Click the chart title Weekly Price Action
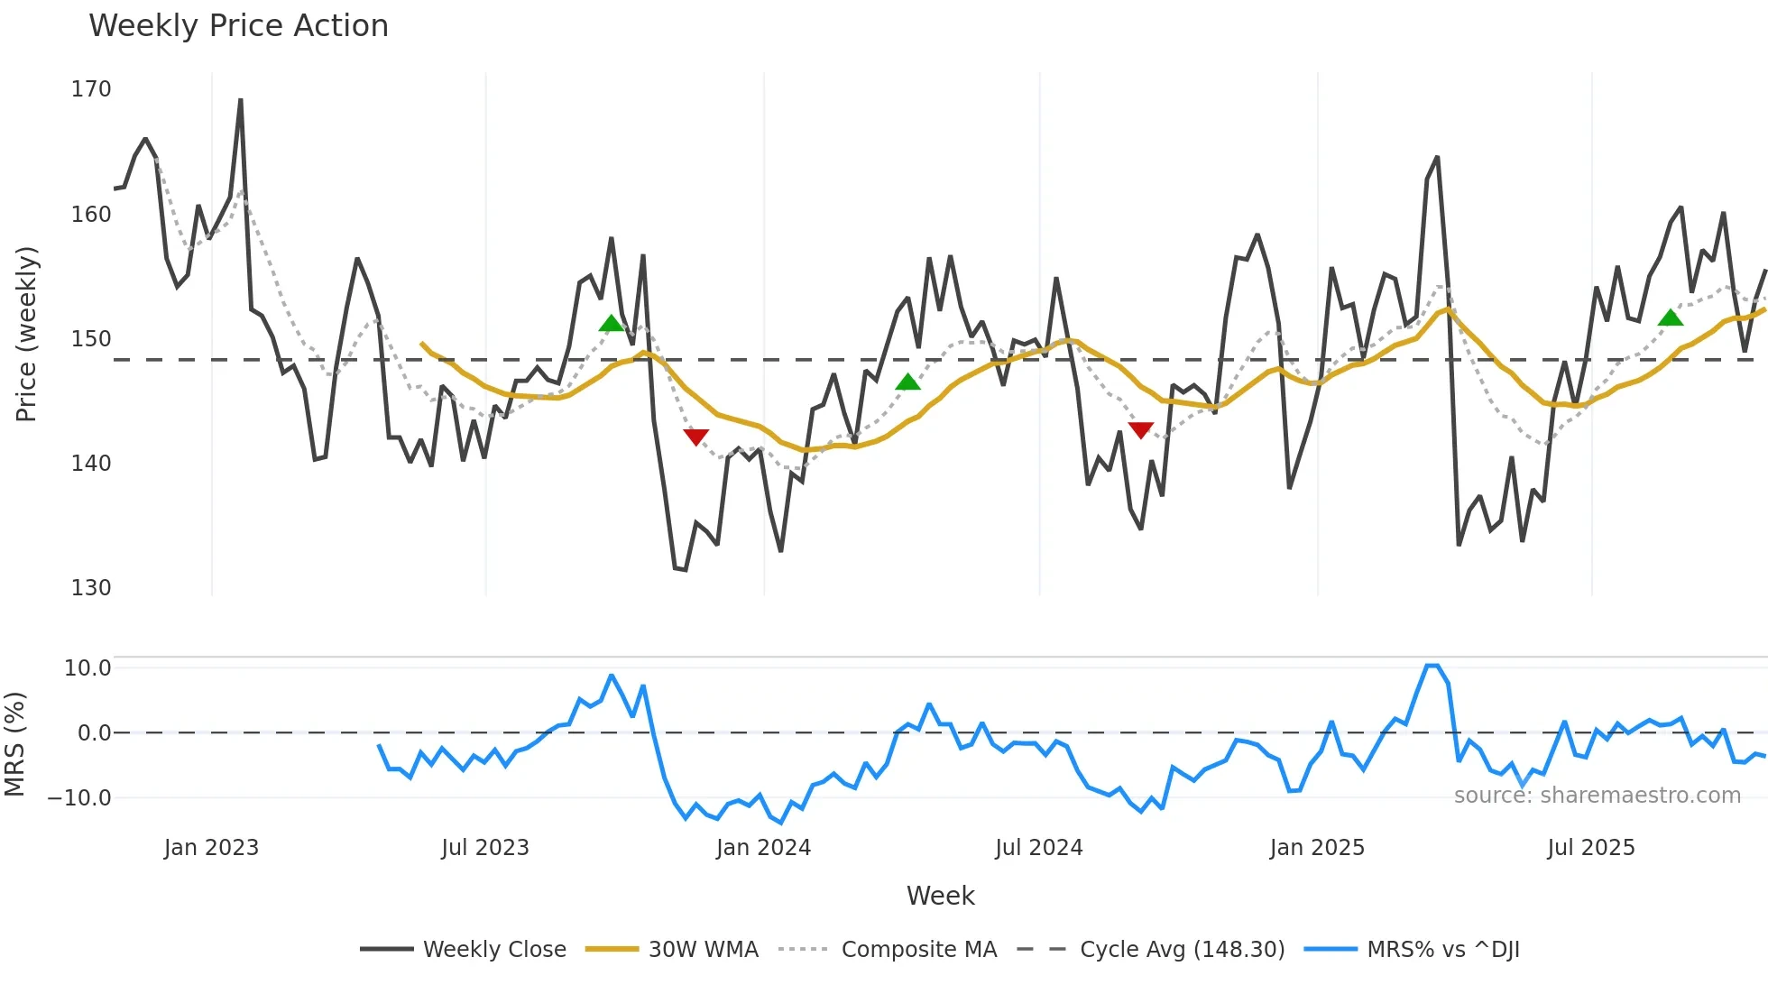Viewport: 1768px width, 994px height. click(x=238, y=26)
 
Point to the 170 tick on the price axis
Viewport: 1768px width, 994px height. click(x=91, y=89)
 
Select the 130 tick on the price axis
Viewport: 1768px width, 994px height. click(x=91, y=588)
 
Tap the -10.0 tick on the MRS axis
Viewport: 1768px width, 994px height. click(x=79, y=798)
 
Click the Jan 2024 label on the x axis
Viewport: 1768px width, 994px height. click(x=763, y=848)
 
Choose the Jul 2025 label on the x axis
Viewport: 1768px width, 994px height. click(x=1590, y=848)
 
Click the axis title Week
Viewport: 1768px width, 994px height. click(x=940, y=896)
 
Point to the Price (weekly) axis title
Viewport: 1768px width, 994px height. click(x=26, y=334)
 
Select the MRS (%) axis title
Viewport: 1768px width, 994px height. click(x=14, y=744)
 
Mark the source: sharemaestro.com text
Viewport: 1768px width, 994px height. click(x=1597, y=796)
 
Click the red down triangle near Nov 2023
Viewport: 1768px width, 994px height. click(x=695, y=437)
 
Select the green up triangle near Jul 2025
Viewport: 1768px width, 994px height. click(x=1671, y=318)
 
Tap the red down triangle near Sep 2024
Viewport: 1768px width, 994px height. click(x=1141, y=430)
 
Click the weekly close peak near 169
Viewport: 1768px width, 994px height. click(x=241, y=100)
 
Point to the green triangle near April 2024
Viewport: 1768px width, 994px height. click(x=908, y=382)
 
